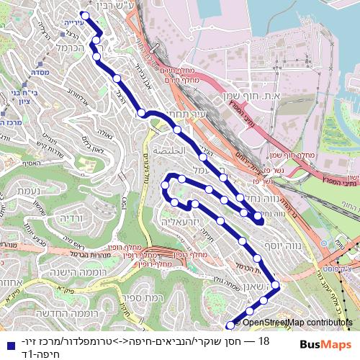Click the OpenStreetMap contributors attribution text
click(x=297, y=323)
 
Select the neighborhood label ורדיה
click(x=71, y=217)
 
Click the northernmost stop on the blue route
click(x=84, y=15)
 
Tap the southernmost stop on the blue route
click(x=230, y=325)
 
